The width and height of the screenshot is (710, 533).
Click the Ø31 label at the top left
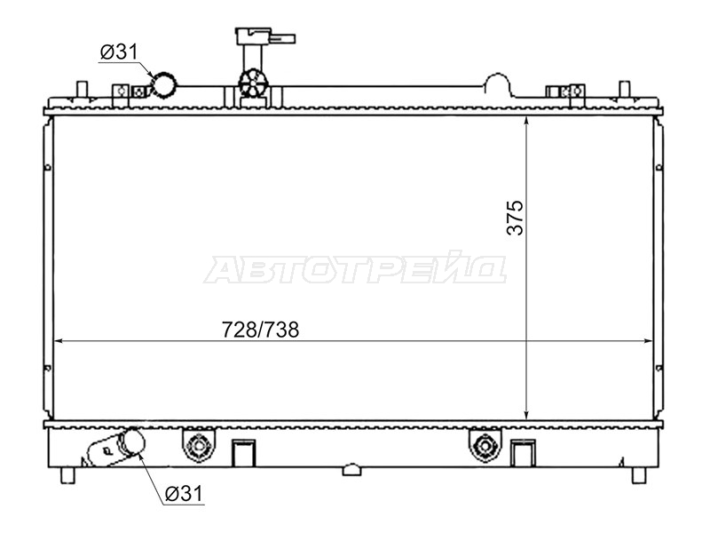pyautogui.click(x=119, y=52)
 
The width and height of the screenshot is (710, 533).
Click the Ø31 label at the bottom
pyautogui.click(x=185, y=493)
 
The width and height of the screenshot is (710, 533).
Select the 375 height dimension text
pyautogui.click(x=515, y=218)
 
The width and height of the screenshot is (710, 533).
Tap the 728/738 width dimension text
pyautogui.click(x=260, y=330)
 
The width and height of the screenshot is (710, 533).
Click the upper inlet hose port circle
pyautogui.click(x=164, y=84)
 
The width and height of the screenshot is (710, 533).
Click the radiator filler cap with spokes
pyautogui.click(x=253, y=83)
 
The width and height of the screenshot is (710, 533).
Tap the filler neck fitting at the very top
pyautogui.click(x=264, y=36)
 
